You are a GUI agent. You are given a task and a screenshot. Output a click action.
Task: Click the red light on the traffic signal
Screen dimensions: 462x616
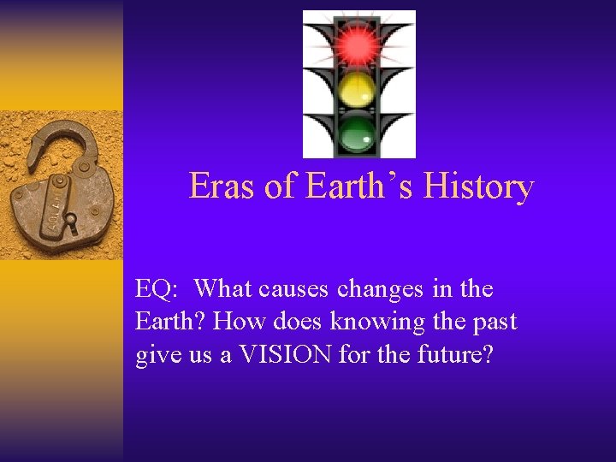pyautogui.click(x=358, y=44)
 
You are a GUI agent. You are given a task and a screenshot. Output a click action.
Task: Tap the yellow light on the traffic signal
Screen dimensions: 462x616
pyautogui.click(x=358, y=88)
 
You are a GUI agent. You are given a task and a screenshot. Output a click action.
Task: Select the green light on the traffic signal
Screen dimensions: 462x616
pyautogui.click(x=358, y=132)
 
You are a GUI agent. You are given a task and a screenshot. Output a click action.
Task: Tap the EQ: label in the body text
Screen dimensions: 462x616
pyautogui.click(x=157, y=290)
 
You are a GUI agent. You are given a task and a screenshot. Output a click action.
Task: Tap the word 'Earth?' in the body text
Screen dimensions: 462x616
pyautogui.click(x=171, y=323)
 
